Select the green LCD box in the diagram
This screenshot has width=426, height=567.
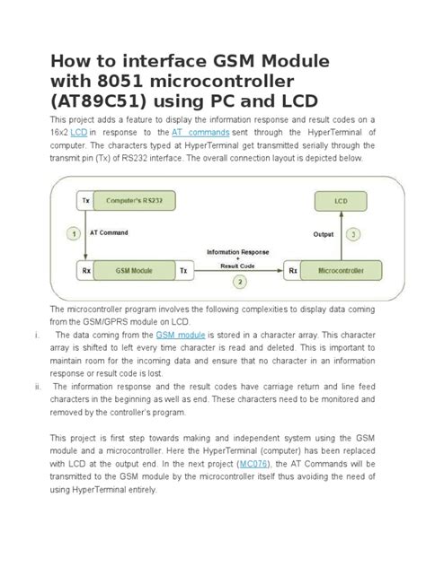coord(337,204)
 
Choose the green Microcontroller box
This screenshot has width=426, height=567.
coord(336,268)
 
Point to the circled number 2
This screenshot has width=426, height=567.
coord(239,281)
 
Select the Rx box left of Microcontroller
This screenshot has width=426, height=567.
coord(291,268)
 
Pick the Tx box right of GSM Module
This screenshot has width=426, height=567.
coord(182,268)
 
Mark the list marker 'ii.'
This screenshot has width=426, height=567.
coord(31,388)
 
